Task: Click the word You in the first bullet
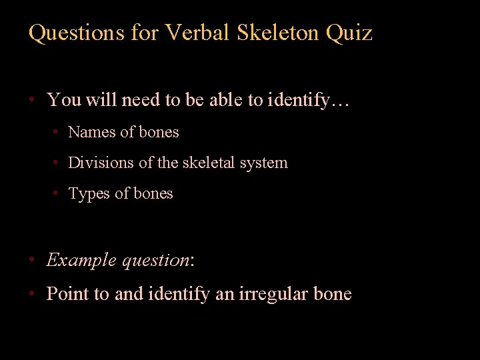tap(63, 101)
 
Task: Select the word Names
tap(92, 132)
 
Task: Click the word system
tap(265, 163)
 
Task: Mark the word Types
tap(89, 194)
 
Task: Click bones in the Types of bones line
tap(153, 193)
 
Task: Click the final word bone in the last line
tap(330, 294)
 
